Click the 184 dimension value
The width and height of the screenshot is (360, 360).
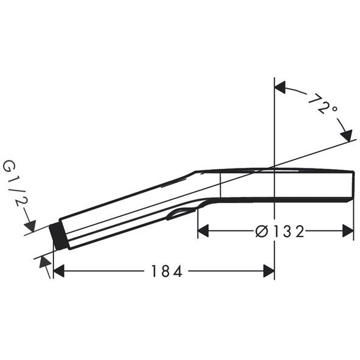[x=167, y=271]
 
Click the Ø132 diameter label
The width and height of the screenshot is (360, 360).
[x=280, y=231]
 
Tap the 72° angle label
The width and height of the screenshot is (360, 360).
[x=322, y=103]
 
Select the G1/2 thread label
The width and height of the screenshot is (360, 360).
[x=15, y=183]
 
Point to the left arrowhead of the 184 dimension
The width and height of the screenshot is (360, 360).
[x=58, y=271]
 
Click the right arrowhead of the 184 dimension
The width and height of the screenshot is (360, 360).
[x=269, y=271]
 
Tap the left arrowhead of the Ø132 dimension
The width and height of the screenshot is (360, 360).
[x=203, y=230]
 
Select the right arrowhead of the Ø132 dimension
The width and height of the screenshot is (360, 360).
[x=348, y=230]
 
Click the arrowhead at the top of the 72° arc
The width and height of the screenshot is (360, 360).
[x=280, y=87]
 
